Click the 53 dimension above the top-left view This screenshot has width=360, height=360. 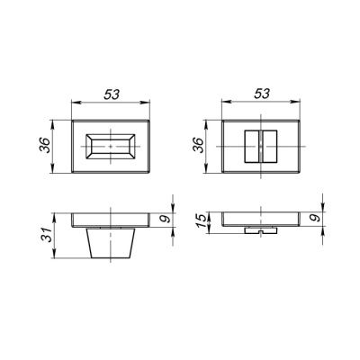pos(111,93)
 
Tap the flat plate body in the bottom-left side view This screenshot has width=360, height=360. pos(111,219)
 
